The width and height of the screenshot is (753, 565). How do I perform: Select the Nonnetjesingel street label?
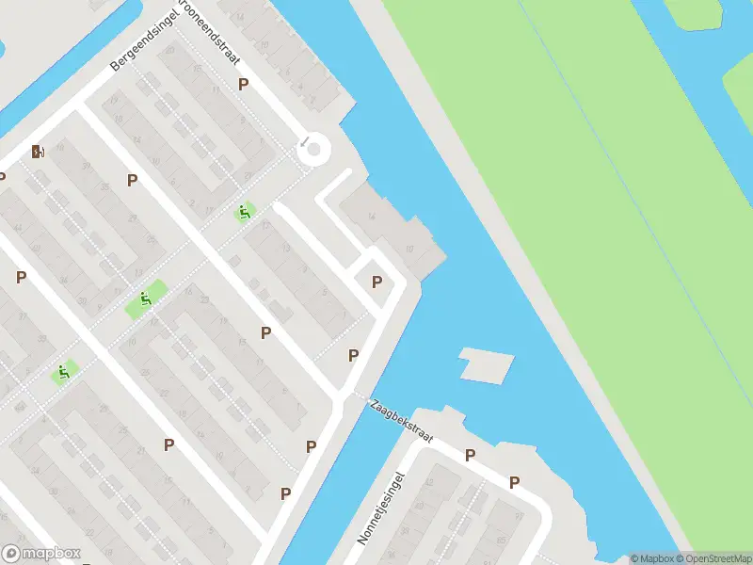[379, 509]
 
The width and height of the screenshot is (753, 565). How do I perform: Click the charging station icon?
[38, 152]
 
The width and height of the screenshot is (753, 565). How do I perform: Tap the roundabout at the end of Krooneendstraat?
[313, 149]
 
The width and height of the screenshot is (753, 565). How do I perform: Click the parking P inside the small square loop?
[377, 282]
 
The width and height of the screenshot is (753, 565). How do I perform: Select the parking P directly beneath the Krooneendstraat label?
[243, 84]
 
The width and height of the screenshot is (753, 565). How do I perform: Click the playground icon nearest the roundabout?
[244, 213]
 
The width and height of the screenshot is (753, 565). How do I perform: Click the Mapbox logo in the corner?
[41, 554]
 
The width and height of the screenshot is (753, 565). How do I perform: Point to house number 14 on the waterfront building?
[372, 217]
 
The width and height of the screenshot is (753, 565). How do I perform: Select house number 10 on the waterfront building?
[409, 249]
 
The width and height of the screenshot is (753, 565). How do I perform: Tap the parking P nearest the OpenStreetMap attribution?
[514, 483]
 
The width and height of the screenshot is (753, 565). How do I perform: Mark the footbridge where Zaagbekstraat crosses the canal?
[356, 395]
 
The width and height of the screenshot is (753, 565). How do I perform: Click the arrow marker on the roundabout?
[305, 143]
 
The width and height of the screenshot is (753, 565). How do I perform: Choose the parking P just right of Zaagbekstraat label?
[470, 456]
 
